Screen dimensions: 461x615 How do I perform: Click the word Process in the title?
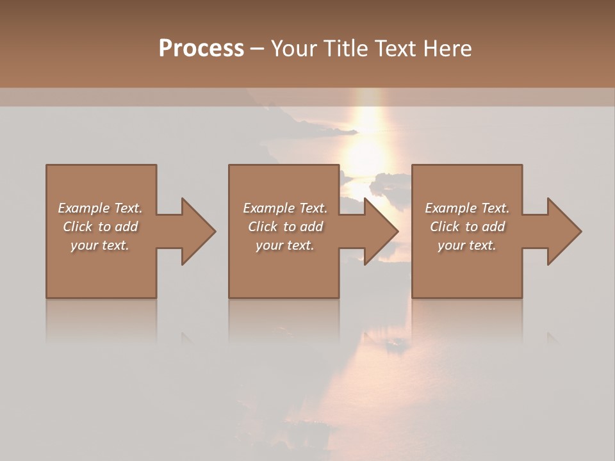pyautogui.click(x=201, y=49)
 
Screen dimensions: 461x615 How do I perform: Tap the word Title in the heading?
pyautogui.click(x=347, y=49)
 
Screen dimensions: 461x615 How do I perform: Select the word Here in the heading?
pyautogui.click(x=447, y=49)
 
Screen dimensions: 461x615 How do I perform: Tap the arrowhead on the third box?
pyautogui.click(x=564, y=231)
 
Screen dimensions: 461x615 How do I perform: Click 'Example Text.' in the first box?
pyautogui.click(x=100, y=208)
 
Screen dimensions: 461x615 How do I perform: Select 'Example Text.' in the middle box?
pyautogui.click(x=285, y=208)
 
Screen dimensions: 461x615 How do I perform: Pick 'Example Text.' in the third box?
pyautogui.click(x=467, y=208)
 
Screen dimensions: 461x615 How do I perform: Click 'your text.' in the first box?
pyautogui.click(x=100, y=245)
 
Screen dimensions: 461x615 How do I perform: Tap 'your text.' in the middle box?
pyautogui.click(x=285, y=245)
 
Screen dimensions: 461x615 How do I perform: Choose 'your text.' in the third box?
pyautogui.click(x=467, y=245)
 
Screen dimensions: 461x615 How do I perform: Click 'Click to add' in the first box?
pyautogui.click(x=100, y=227)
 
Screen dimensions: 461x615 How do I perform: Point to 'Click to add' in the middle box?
pyautogui.click(x=285, y=227)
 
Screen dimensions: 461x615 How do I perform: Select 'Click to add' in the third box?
pyautogui.click(x=467, y=227)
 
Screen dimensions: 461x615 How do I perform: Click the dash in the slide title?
pyautogui.click(x=257, y=49)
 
